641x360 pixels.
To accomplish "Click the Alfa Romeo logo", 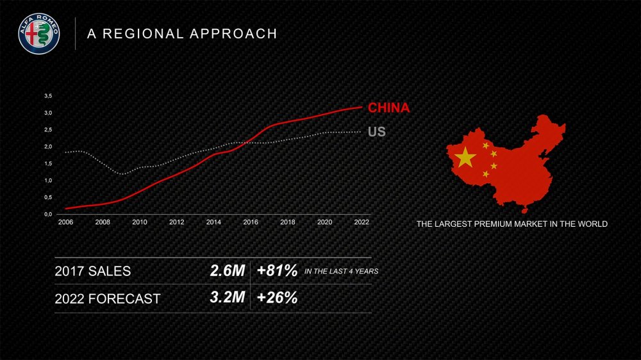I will point(38,33).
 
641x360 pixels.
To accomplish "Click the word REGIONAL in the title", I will point(144,34).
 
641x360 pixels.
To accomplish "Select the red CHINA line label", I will point(388,108).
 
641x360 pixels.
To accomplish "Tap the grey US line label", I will point(377,133).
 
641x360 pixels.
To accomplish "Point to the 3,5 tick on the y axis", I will point(48,96).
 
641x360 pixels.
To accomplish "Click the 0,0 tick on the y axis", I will point(48,215).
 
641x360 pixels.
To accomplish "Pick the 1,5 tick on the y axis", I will point(48,164).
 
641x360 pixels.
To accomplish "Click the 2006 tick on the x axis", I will point(65,222).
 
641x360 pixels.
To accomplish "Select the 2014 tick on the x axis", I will point(213,222).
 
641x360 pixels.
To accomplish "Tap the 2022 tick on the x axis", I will point(362,222).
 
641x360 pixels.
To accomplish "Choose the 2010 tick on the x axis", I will point(139,222).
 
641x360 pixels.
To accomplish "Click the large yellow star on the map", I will point(465,157).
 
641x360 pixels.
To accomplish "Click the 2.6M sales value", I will point(228,271).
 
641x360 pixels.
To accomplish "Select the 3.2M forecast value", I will point(228,298).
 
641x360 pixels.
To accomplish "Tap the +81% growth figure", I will point(277,271).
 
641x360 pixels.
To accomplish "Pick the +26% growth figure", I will point(277,298).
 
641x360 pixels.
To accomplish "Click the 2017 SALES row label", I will point(93,272).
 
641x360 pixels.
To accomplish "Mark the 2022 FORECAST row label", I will point(108,299).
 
